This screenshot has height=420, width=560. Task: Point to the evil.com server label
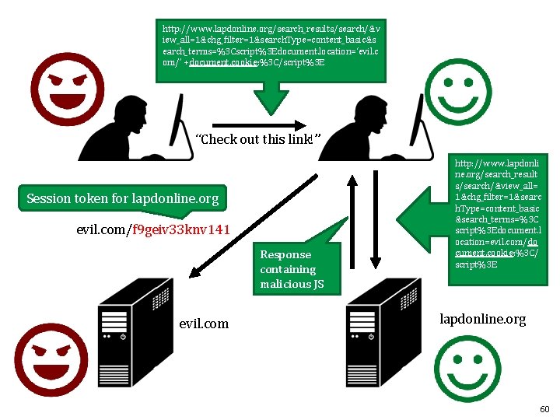(x=204, y=324)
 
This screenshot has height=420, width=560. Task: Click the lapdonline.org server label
(x=482, y=319)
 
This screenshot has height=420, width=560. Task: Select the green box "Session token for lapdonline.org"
(x=123, y=199)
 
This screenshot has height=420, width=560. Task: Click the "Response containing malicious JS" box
(x=291, y=269)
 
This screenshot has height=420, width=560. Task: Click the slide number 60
(x=544, y=409)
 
